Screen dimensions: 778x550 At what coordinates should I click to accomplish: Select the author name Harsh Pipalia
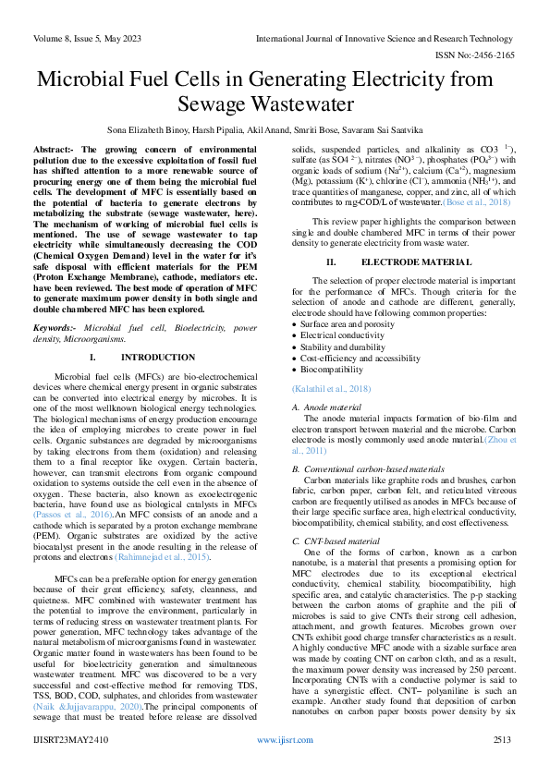[x=219, y=131]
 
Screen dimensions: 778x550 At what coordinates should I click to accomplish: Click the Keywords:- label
[x=54, y=328]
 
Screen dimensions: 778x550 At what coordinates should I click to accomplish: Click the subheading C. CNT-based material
[x=335, y=541]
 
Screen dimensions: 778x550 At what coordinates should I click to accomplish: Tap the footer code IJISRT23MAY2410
[x=69, y=765]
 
